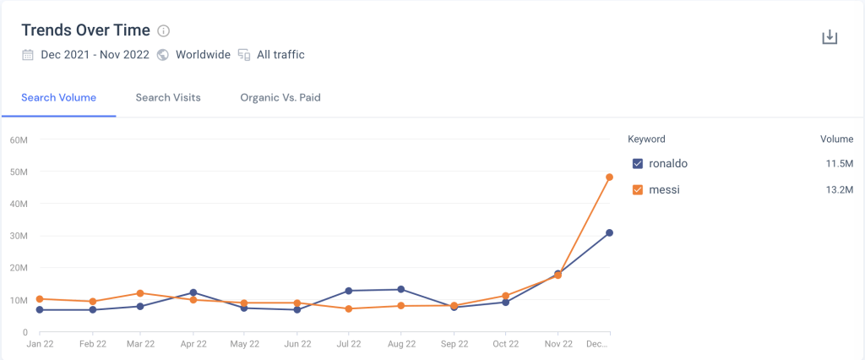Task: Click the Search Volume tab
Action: pyautogui.click(x=58, y=97)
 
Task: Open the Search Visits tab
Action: pyautogui.click(x=168, y=97)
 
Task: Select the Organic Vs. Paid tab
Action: pyautogui.click(x=280, y=97)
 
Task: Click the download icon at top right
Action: pyautogui.click(x=830, y=37)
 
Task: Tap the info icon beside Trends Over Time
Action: pyautogui.click(x=164, y=31)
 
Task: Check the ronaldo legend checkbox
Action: pyautogui.click(x=638, y=163)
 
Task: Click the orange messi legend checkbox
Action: pyautogui.click(x=638, y=190)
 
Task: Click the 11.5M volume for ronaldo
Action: pyautogui.click(x=839, y=163)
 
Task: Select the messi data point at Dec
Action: pyautogui.click(x=609, y=177)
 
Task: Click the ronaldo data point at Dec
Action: pyautogui.click(x=609, y=232)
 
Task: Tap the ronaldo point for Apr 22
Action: pyautogui.click(x=193, y=292)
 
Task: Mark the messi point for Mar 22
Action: pyautogui.click(x=140, y=293)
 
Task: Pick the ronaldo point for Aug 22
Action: pyautogui.click(x=401, y=290)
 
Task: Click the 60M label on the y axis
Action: pyautogui.click(x=19, y=139)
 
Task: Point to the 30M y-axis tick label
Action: pyautogui.click(x=19, y=236)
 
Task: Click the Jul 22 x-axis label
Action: pyautogui.click(x=349, y=345)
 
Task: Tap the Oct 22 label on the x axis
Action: pyautogui.click(x=505, y=345)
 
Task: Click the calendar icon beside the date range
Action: pyautogui.click(x=28, y=55)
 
